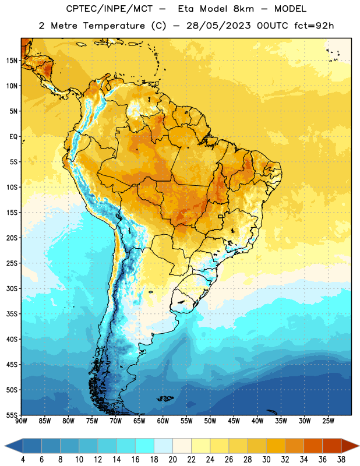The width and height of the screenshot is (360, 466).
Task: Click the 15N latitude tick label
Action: click(12, 61)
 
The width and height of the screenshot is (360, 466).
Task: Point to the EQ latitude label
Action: click(13, 137)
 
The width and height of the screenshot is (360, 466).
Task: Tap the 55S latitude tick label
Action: click(12, 415)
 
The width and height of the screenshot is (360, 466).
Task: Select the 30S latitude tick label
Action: click(12, 288)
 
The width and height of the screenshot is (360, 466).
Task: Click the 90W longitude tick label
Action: click(21, 421)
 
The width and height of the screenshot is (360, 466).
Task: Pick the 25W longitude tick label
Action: click(328, 421)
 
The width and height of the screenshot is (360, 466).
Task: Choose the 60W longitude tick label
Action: click(163, 421)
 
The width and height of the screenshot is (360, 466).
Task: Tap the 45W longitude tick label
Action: click(234, 421)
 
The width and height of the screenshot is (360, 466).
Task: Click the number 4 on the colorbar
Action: click(23, 460)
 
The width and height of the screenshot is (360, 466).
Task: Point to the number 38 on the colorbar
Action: click(341, 460)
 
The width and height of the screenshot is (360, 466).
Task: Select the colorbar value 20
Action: click(172, 460)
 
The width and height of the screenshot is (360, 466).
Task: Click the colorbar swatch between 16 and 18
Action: click(145, 446)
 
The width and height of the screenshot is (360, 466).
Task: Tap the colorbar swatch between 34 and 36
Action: click(313, 446)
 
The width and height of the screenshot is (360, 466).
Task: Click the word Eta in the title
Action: click(186, 9)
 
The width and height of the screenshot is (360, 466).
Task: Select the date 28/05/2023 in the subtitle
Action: click(218, 26)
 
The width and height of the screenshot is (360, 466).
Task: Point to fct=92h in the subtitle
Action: click(314, 26)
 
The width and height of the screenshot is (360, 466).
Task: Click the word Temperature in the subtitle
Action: click(114, 26)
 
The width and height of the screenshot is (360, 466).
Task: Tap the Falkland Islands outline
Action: click(165, 398)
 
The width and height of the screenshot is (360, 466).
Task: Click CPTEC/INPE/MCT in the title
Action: click(109, 9)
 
